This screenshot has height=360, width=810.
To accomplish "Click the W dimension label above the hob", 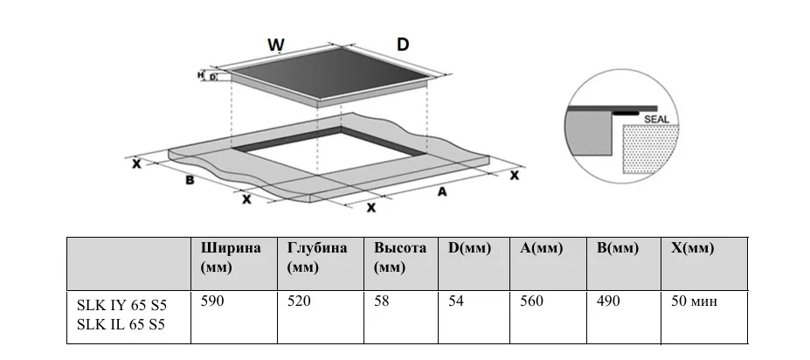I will [276, 45].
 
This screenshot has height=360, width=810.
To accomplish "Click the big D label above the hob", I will [402, 44].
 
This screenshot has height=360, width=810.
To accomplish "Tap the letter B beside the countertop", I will [188, 181].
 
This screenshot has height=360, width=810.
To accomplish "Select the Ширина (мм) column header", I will [231, 257].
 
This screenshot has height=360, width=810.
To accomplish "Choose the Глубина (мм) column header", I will [317, 257].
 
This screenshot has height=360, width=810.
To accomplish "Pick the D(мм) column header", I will [470, 248].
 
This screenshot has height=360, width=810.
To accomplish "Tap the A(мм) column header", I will [541, 248].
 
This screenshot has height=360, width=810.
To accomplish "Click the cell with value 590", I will [213, 301].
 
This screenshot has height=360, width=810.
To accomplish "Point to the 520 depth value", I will [300, 301].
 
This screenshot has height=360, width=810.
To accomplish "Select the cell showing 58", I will [382, 301].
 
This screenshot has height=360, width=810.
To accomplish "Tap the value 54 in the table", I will [457, 301].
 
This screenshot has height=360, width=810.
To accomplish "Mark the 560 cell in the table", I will [531, 301].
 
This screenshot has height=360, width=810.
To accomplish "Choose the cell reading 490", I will [608, 301].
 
